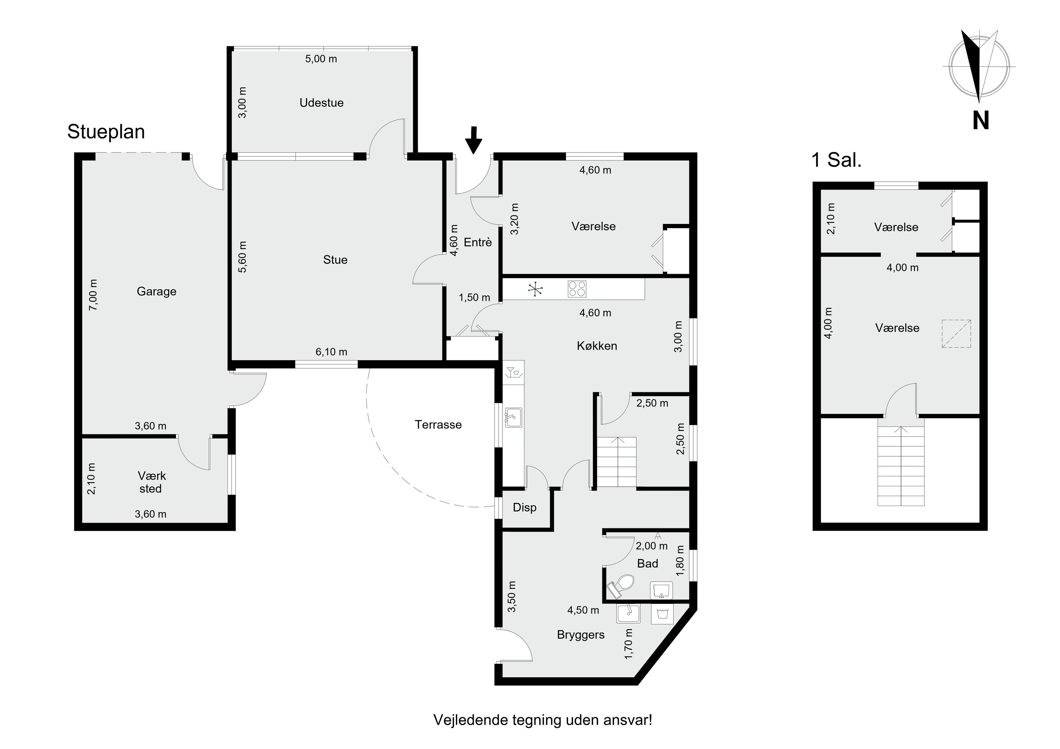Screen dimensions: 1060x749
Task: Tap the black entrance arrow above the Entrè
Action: tap(473, 140)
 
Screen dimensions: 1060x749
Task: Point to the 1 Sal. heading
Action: tap(837, 160)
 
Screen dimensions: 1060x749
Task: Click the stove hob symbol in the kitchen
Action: tap(577, 289)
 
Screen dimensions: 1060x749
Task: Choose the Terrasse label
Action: tap(438, 424)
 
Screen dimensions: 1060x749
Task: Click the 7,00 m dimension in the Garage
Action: tap(93, 295)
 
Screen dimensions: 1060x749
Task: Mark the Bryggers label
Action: tap(581, 635)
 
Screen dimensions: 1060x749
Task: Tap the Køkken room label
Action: tap(597, 346)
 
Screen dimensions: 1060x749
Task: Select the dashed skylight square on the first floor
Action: tap(956, 333)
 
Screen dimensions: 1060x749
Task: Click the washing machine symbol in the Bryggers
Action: tap(662, 614)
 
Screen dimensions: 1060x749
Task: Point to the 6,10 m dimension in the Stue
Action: tap(331, 352)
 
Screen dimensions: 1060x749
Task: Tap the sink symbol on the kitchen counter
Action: tap(513, 417)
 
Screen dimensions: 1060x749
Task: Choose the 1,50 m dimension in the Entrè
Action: tap(474, 298)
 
